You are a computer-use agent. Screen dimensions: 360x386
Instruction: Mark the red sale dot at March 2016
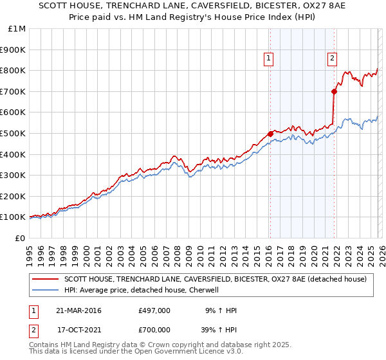point(270,134)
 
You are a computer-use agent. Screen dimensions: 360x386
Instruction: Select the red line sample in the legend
point(46,279)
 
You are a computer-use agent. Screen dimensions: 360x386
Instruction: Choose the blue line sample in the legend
point(46,290)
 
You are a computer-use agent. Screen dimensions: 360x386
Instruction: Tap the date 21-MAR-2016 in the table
point(78,310)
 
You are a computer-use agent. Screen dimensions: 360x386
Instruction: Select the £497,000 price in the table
point(154,310)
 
